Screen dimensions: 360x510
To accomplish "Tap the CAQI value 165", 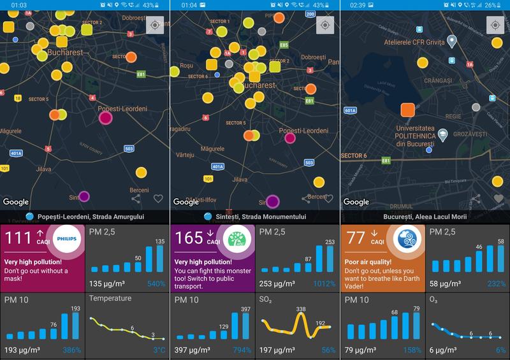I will [189, 238].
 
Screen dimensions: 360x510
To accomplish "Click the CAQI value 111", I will [18, 238].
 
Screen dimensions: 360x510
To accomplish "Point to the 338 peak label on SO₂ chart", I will [301, 309].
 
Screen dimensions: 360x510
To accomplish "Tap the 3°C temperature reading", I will [159, 350].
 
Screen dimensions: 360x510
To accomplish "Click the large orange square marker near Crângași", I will [408, 109].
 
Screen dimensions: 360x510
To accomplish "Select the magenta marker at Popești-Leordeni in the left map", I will [106, 117].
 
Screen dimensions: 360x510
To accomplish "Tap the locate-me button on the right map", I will [495, 25].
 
